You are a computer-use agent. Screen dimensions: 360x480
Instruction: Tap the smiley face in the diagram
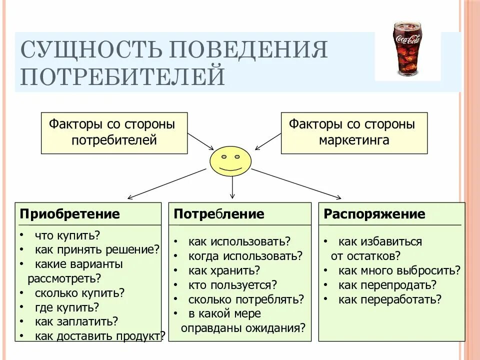coord(230,161)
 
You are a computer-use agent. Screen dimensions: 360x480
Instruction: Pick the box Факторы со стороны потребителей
coord(114,132)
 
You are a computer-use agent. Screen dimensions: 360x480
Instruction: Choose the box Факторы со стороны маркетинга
coord(354,132)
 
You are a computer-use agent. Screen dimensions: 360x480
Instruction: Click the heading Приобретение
coord(70,214)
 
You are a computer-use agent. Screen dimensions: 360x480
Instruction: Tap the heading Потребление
coord(219,214)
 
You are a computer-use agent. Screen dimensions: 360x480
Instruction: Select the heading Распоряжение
coord(374,214)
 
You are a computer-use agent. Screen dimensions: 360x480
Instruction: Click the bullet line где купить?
coord(67,307)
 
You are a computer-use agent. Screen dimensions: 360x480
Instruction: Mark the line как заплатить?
coord(76,321)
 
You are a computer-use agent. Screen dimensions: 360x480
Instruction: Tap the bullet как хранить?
coord(224,270)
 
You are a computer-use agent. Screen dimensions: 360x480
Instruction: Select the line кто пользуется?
coord(232,285)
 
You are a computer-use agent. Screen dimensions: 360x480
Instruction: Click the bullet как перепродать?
coord(387,285)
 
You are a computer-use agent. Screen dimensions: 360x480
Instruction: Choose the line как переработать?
coord(390,299)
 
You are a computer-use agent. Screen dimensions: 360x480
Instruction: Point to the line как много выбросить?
coord(399,270)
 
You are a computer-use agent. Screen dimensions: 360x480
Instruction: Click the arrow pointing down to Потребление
coord(232,187)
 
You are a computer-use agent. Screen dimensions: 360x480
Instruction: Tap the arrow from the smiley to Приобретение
coord(167,183)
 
